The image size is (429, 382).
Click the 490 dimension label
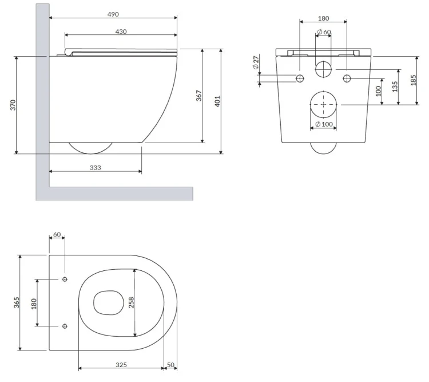(x=113, y=14)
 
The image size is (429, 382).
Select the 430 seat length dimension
(x=121, y=31)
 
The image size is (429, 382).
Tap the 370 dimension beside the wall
(x=13, y=105)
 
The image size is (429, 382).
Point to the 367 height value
(x=199, y=96)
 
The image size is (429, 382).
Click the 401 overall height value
(x=217, y=101)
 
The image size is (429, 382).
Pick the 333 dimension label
(x=96, y=167)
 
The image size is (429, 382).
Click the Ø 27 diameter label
(x=256, y=62)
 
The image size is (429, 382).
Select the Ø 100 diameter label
(x=324, y=124)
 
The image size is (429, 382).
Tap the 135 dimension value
(x=395, y=86)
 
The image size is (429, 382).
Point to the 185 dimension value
(x=414, y=80)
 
